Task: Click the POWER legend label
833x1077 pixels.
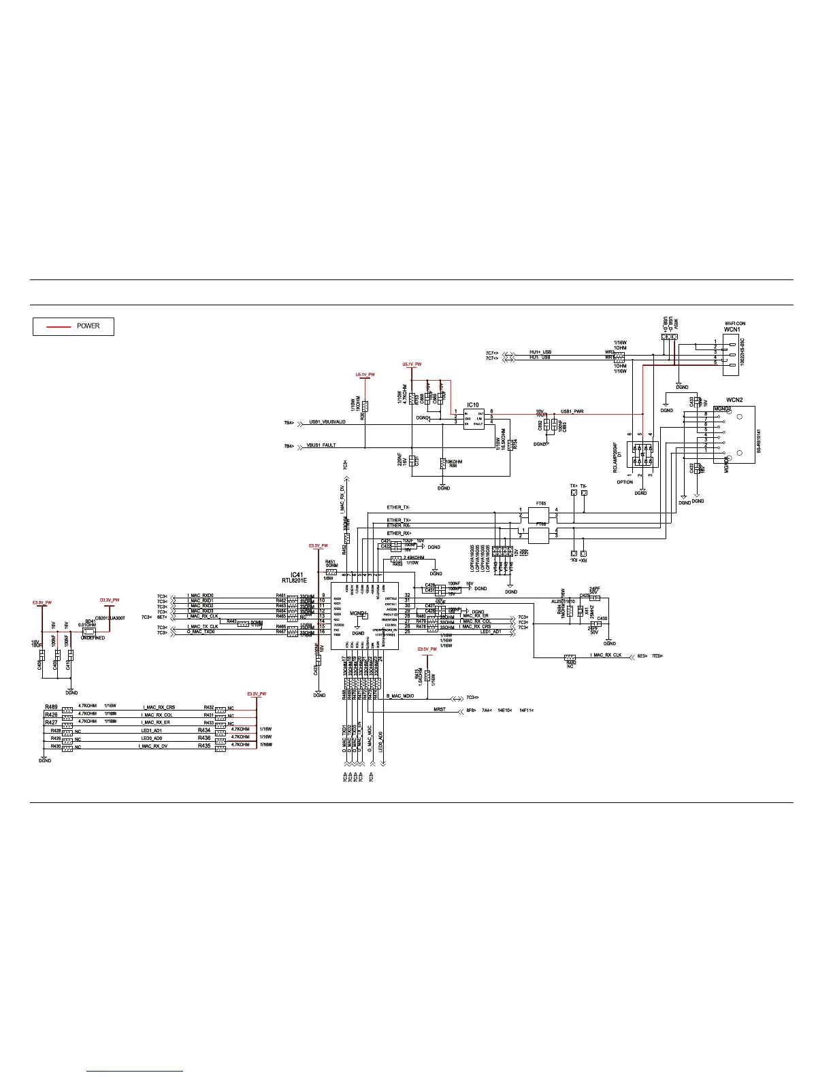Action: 88,326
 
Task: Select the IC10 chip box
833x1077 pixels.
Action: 474,418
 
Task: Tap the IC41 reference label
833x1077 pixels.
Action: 295,574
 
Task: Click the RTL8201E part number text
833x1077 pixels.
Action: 295,581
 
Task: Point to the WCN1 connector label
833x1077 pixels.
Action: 732,329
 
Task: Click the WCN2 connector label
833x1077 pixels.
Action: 734,400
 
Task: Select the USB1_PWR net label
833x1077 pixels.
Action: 572,411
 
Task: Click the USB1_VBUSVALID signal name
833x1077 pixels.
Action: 327,422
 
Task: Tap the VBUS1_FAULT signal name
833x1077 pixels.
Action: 321,445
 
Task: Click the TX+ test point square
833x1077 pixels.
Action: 574,493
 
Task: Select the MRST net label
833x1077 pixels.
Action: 440,710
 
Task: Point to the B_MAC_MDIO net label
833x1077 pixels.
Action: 400,697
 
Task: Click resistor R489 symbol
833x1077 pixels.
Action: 67,709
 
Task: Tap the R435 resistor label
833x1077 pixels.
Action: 204,746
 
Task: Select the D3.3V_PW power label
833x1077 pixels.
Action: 110,600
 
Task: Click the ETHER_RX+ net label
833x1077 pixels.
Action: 399,533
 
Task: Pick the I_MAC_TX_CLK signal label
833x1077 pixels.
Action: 203,626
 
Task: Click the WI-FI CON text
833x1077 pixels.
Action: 734,324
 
